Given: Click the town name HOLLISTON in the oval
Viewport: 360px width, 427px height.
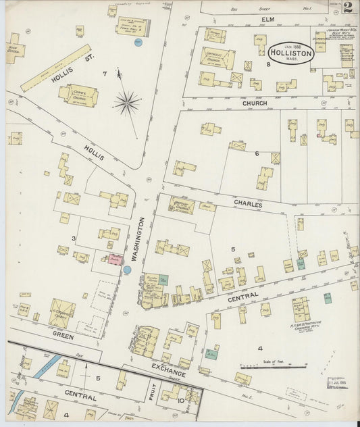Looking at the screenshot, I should click(291, 53).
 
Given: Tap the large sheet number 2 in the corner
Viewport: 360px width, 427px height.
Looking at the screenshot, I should click(348, 8).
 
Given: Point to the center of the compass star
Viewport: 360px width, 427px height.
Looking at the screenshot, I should click(126, 103).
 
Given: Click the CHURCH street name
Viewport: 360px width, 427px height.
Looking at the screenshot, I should click(255, 103).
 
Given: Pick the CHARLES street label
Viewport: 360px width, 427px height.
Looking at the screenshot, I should click(248, 202).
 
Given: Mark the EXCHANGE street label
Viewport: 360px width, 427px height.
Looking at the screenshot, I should click(166, 369).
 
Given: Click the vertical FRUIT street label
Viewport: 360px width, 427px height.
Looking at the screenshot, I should click(153, 394).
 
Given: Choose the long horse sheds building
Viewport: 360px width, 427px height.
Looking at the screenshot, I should click(56, 68).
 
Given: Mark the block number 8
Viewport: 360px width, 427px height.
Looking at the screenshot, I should click(268, 64).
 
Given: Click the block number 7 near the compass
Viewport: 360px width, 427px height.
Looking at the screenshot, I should click(105, 73).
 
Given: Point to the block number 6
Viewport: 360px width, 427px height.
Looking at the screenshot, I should click(257, 154).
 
